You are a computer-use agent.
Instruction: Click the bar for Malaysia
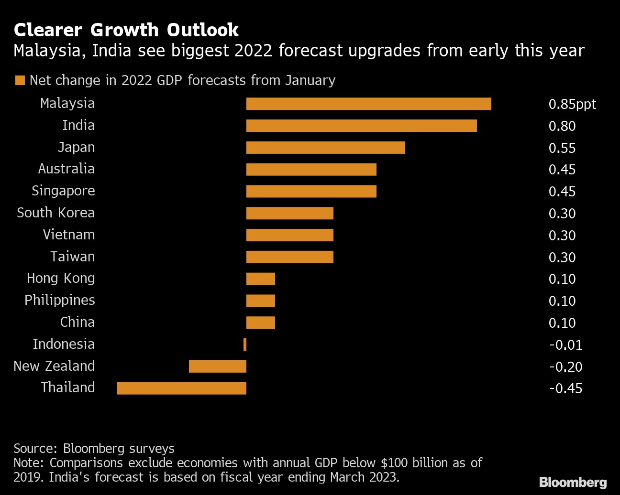point(368,104)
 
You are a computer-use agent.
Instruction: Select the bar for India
point(361,126)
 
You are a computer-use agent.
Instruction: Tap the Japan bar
point(325,148)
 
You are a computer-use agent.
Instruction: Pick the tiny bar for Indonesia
point(245,344)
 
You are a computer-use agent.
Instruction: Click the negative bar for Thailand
point(182,388)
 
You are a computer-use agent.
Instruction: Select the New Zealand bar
point(218,366)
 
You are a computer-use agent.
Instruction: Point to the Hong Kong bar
point(261,279)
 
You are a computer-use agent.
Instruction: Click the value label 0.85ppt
point(572,104)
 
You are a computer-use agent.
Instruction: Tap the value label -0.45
point(565,388)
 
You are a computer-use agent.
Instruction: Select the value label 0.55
point(562,148)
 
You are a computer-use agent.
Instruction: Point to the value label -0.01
point(565,345)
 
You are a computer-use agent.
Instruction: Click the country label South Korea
point(56,213)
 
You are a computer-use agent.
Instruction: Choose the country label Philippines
point(60,300)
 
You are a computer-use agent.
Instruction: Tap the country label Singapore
point(63,191)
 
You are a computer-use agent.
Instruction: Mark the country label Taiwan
point(73,257)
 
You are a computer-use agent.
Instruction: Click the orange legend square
point(20,80)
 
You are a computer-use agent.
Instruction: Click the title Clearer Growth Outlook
point(126,30)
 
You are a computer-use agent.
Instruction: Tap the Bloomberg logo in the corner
point(573,482)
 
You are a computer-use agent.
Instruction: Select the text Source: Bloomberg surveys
point(94,449)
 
